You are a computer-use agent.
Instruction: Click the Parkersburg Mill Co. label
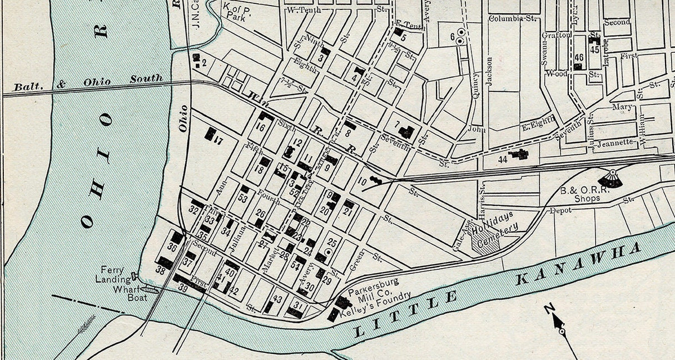tap(374, 286)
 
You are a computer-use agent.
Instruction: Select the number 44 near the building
tap(503, 159)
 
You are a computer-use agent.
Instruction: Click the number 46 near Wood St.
tap(579, 57)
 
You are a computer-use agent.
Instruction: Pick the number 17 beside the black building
tap(219, 141)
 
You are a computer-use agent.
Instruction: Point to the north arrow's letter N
tap(548, 308)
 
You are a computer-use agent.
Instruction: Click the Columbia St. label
tap(512, 18)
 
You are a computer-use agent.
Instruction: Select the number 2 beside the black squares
tap(204, 63)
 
